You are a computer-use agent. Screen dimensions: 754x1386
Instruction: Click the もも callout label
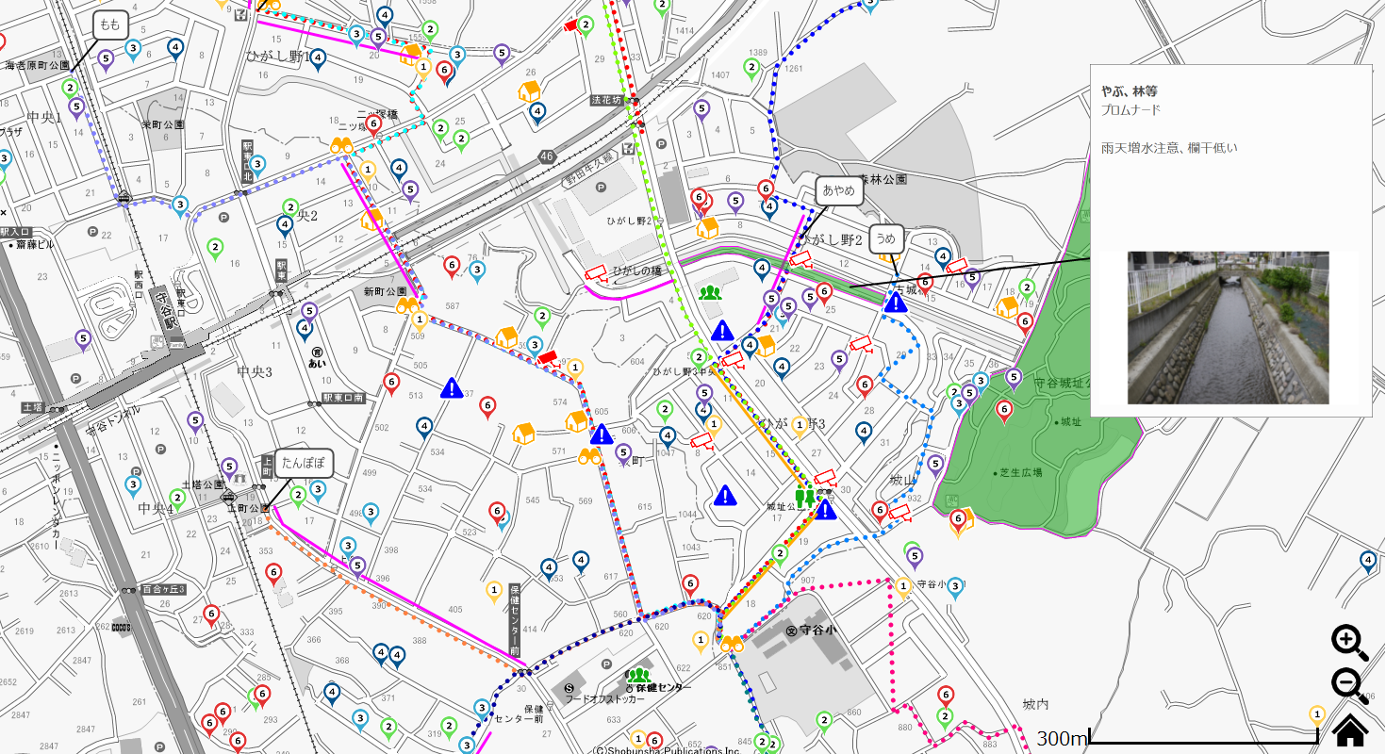(x=110, y=25)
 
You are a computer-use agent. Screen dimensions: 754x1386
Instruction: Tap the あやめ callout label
(x=839, y=190)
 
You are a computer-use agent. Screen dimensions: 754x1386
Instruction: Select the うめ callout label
(x=886, y=238)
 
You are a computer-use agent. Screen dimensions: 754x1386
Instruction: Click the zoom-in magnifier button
(x=1349, y=642)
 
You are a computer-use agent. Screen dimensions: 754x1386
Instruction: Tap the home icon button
(x=1350, y=729)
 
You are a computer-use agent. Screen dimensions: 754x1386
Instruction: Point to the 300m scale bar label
(x=1062, y=738)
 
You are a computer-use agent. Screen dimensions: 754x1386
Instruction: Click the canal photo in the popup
(x=1228, y=327)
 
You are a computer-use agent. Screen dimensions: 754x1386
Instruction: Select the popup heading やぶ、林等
(x=1129, y=91)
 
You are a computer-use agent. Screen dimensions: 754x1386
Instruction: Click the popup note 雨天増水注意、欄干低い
(x=1168, y=148)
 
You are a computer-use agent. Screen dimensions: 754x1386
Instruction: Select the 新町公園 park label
(x=385, y=291)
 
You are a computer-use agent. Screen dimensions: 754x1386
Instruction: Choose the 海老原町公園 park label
(x=37, y=66)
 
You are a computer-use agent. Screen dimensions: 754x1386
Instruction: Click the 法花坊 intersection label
(x=607, y=100)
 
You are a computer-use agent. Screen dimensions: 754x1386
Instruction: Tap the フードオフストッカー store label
(x=604, y=699)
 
